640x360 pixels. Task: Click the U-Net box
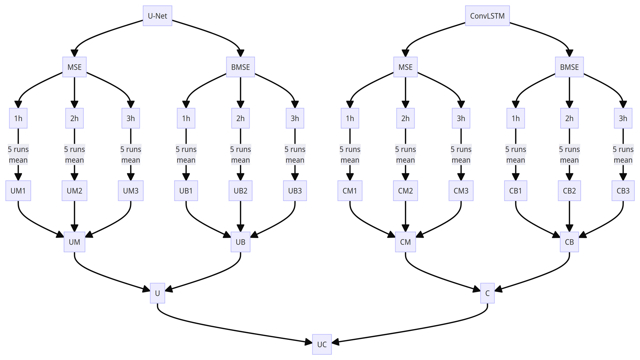click(x=157, y=16)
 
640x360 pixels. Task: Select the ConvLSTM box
click(x=487, y=16)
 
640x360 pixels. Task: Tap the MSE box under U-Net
click(x=74, y=67)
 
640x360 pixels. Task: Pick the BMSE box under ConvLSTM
click(x=569, y=67)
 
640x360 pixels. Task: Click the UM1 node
click(x=18, y=191)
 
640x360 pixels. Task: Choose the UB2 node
click(x=240, y=191)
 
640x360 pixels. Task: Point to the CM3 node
click(x=461, y=191)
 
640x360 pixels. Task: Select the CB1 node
click(x=516, y=191)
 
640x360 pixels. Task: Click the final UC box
click(x=322, y=344)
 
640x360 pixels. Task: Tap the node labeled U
click(x=157, y=293)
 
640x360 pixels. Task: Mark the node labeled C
click(x=487, y=293)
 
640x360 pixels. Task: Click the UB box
click(x=240, y=242)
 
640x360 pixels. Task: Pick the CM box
click(x=405, y=242)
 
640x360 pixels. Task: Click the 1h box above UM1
click(x=18, y=118)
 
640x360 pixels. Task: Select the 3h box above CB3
click(x=623, y=118)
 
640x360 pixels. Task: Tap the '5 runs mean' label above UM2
click(x=74, y=154)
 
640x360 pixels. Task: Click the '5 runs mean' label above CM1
click(x=350, y=154)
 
